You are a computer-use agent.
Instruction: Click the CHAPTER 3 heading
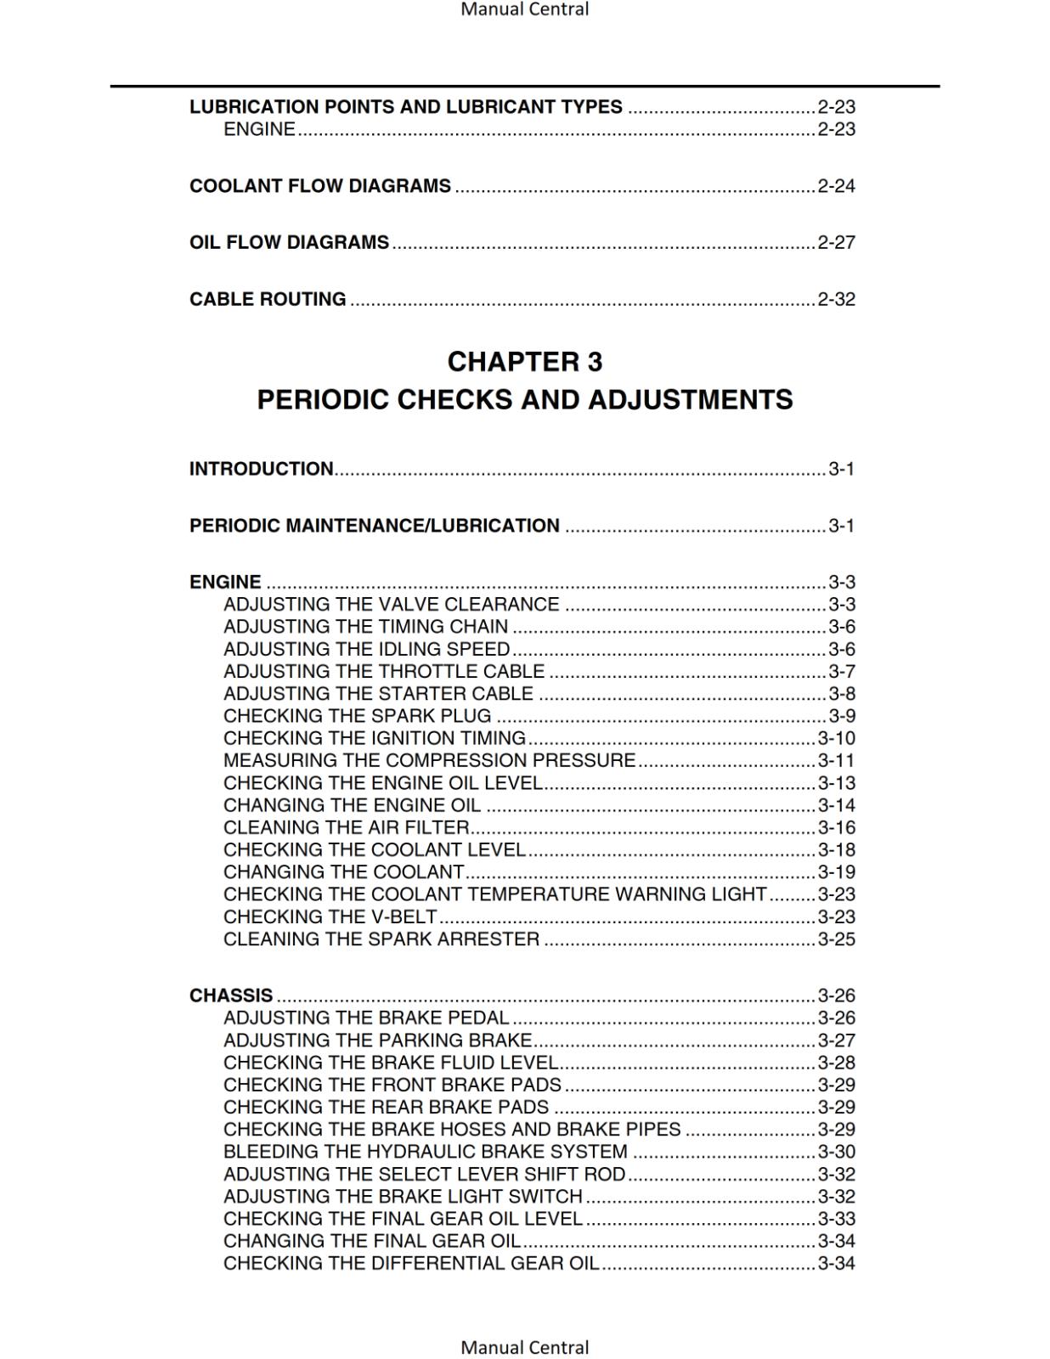point(524,362)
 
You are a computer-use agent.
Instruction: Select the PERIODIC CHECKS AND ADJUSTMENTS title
point(524,399)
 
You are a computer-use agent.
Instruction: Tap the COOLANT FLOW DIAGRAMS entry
point(320,186)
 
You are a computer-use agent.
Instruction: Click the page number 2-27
point(836,243)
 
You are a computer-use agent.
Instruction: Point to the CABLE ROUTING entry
point(268,299)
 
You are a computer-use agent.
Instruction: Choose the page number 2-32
point(836,299)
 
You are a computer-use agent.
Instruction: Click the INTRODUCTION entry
point(262,469)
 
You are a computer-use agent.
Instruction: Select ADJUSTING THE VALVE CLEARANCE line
point(392,604)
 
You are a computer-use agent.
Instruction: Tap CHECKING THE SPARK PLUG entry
point(358,716)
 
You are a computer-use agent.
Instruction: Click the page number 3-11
point(836,760)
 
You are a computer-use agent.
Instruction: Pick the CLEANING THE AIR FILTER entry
point(347,827)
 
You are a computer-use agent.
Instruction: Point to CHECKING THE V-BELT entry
point(330,916)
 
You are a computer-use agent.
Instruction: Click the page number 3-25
point(836,939)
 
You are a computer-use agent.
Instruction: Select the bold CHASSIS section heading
point(231,995)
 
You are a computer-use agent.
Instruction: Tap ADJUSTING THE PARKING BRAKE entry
point(378,1040)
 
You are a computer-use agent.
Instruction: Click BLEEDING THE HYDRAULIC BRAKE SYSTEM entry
point(426,1152)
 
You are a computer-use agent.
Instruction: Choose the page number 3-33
point(836,1219)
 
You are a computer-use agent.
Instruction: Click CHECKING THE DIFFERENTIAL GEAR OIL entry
point(411,1263)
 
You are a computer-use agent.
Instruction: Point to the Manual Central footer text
point(524,1347)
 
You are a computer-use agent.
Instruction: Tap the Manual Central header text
point(524,9)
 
